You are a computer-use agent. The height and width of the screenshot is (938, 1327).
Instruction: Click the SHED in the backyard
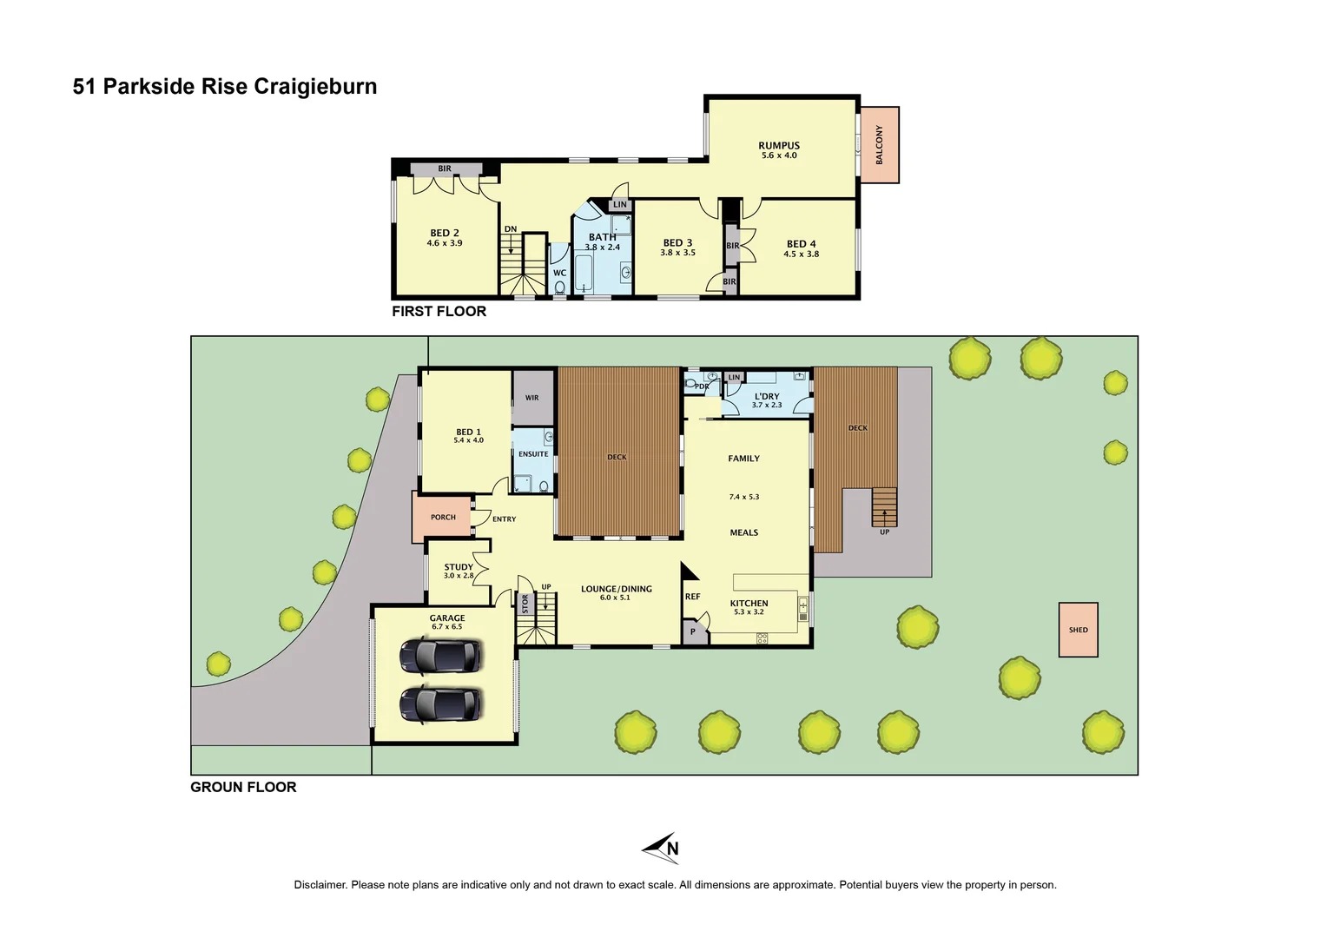pyautogui.click(x=1078, y=630)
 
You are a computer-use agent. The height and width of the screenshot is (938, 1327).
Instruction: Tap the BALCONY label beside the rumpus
pyautogui.click(x=879, y=145)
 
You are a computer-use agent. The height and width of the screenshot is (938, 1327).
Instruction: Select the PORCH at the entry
pyautogui.click(x=442, y=517)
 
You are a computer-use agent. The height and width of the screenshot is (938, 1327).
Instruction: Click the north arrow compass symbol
pyautogui.click(x=662, y=848)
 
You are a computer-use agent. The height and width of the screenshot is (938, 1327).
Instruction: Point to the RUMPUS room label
pyautogui.click(x=778, y=146)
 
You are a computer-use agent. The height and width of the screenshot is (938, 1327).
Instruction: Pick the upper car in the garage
pyautogui.click(x=440, y=656)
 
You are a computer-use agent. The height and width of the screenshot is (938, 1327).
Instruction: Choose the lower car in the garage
pyautogui.click(x=440, y=704)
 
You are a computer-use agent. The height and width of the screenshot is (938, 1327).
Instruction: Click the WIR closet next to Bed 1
pyautogui.click(x=532, y=398)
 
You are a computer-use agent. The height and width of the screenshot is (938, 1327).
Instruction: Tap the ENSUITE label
pyautogui.click(x=533, y=454)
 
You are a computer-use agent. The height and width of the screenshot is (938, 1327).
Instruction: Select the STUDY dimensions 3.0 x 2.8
pyautogui.click(x=459, y=576)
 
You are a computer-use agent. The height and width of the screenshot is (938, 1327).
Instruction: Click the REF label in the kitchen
pyautogui.click(x=692, y=597)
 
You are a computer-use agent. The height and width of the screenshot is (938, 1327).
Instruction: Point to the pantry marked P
pyautogui.click(x=693, y=632)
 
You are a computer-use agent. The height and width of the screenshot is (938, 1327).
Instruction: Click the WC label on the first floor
pyautogui.click(x=559, y=273)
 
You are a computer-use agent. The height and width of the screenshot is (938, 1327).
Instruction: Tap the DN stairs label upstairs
pyautogui.click(x=511, y=229)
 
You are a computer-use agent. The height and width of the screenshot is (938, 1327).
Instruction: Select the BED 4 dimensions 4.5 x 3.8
pyautogui.click(x=801, y=254)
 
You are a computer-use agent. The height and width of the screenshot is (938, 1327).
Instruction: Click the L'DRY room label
pyautogui.click(x=767, y=396)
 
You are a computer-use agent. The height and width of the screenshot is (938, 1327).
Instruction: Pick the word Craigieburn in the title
pyautogui.click(x=315, y=87)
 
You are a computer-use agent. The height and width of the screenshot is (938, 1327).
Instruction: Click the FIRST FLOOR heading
pyautogui.click(x=439, y=311)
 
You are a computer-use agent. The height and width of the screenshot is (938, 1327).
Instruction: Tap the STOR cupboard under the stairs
pyautogui.click(x=525, y=604)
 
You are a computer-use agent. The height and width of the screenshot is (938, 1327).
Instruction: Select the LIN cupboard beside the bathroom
pyautogui.click(x=619, y=205)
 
